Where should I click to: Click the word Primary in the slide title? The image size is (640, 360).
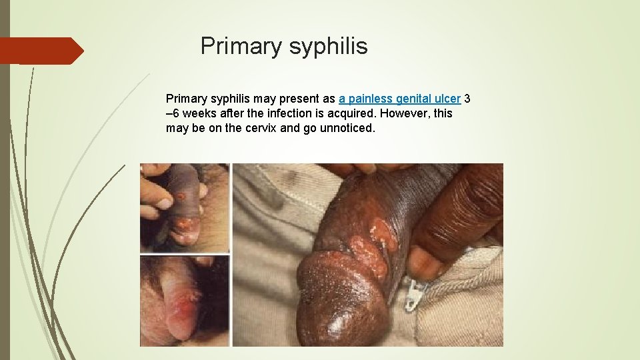coord(241,46)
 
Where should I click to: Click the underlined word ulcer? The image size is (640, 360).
coord(447,99)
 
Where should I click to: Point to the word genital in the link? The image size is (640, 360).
coord(414,99)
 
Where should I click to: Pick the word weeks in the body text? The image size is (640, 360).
coord(195,113)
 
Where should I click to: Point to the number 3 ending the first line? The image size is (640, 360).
coord(467,99)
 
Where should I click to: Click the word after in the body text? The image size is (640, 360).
coord(228,113)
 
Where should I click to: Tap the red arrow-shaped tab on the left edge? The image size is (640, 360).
coord(41,51)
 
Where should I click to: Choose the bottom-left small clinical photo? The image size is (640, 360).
coord(185,301)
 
